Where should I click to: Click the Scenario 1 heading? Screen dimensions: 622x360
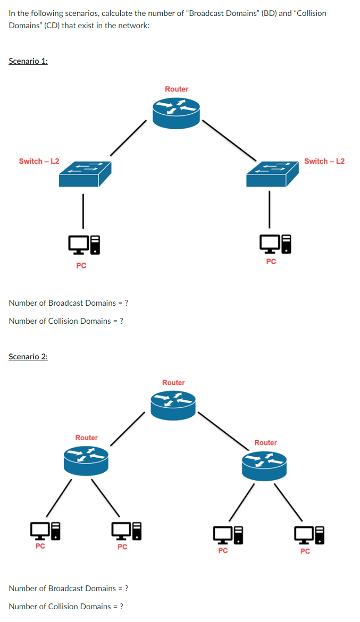pyautogui.click(x=28, y=61)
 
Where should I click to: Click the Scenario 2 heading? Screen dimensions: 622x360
pyautogui.click(x=28, y=357)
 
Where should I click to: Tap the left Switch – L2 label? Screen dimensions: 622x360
pyautogui.click(x=39, y=161)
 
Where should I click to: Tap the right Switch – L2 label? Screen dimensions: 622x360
pyautogui.click(x=324, y=161)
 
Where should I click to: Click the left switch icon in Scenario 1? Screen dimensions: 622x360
pyautogui.click(x=85, y=174)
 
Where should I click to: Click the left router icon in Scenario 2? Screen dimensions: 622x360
pyautogui.click(x=86, y=460)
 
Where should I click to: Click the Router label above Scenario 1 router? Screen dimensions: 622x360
pyautogui.click(x=177, y=89)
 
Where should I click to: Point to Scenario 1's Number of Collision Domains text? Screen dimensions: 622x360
pyautogui.click(x=66, y=321)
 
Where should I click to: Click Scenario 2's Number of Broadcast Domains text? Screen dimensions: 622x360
pyautogui.click(x=68, y=589)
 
